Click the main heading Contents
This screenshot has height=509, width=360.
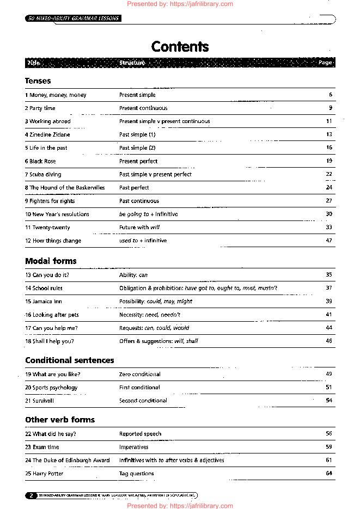(x=180, y=47)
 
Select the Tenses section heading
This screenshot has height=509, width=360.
(x=38, y=81)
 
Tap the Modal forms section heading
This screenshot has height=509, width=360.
(x=51, y=261)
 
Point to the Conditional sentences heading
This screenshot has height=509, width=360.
(x=70, y=360)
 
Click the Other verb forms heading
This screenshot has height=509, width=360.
(x=60, y=420)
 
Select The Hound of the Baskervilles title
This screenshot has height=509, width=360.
(x=65, y=187)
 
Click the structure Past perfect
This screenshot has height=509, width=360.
(x=134, y=187)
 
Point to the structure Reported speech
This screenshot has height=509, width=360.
(x=141, y=434)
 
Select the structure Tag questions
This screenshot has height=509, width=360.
(x=137, y=474)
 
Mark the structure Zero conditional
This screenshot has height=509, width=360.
(x=140, y=375)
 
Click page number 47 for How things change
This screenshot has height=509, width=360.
(x=329, y=241)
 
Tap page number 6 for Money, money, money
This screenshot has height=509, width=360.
(x=331, y=95)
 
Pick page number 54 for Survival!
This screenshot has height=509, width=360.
(x=329, y=401)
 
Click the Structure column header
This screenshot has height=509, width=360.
(x=132, y=63)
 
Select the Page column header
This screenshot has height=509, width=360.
(x=325, y=63)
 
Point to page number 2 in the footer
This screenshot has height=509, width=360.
(x=32, y=495)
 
